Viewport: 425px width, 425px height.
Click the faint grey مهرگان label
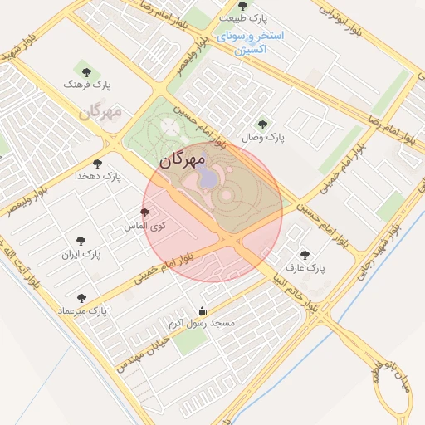click(x=100, y=111)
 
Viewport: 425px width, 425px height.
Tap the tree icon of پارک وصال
click(x=263, y=124)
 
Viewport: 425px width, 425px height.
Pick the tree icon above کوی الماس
click(x=145, y=212)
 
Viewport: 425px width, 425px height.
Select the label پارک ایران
click(x=81, y=254)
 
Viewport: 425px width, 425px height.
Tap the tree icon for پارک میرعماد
click(x=81, y=297)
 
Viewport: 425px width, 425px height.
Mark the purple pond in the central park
click(x=210, y=177)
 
